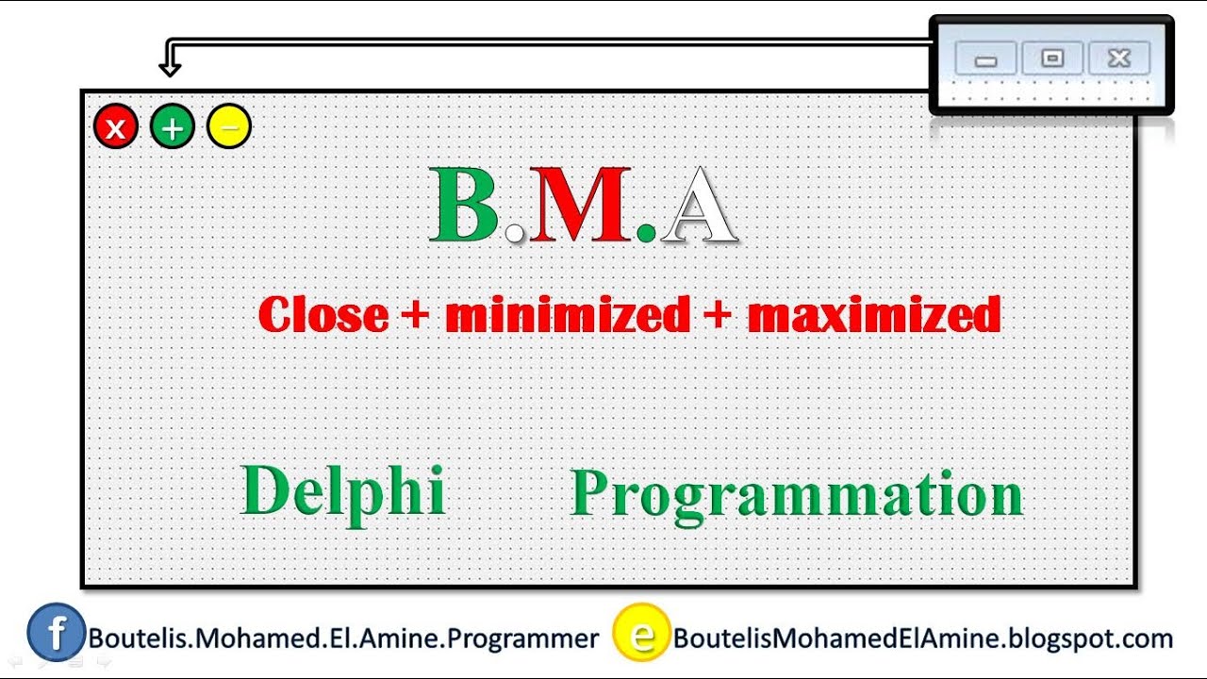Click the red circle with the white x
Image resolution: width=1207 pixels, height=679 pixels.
coord(116,127)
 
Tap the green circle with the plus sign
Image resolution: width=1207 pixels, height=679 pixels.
coord(173,127)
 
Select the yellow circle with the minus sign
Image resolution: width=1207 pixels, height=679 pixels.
coord(229,127)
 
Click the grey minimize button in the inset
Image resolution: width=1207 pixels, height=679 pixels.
coord(985,59)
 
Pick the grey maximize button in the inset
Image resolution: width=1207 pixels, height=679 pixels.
coord(1051,58)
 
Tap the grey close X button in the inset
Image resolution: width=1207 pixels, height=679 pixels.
coord(1118,58)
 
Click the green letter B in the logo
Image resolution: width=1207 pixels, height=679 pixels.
coord(465,205)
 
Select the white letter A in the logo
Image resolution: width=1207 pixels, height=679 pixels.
coord(698,206)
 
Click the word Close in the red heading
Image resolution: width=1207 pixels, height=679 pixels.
coord(322,315)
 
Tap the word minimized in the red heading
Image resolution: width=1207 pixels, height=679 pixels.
coord(567,315)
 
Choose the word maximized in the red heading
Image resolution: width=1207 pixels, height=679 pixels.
coord(873,315)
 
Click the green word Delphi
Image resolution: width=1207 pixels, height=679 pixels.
coord(343,491)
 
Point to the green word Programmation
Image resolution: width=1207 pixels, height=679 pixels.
coord(797,493)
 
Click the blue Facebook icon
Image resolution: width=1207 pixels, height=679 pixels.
coord(56,632)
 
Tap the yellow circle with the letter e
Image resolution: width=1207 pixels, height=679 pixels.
coord(641,633)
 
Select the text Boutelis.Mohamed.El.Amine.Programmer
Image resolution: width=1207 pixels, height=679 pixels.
coord(343,638)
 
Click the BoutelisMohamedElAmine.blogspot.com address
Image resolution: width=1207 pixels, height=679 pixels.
coord(922,638)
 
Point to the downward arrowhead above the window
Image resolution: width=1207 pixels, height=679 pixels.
coord(170,67)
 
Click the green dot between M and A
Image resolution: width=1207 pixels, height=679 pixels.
coord(646,231)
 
